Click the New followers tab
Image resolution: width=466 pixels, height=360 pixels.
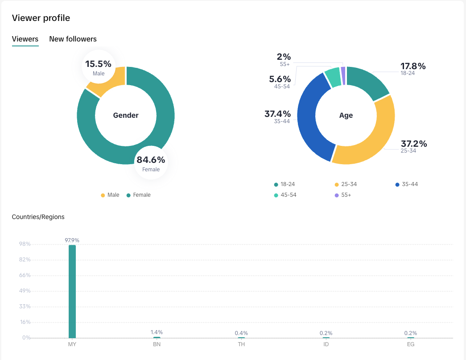[73, 39]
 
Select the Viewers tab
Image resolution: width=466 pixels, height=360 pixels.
[25, 39]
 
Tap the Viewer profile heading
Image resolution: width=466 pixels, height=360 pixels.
[41, 18]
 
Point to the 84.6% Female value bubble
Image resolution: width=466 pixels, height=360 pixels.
[151, 163]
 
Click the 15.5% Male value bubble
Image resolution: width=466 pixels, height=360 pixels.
[99, 67]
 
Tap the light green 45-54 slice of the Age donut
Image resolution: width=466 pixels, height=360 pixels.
[333, 77]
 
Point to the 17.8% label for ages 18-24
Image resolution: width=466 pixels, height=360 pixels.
[412, 66]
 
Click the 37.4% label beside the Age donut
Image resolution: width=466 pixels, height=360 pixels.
[277, 114]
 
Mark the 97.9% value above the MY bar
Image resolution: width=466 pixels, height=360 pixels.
[72, 240]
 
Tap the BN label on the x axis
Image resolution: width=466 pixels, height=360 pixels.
[157, 344]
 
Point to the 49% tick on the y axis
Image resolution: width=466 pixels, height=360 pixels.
[25, 291]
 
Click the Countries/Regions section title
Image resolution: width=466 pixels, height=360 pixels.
[38, 217]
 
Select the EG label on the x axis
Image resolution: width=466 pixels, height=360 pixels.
[411, 344]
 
